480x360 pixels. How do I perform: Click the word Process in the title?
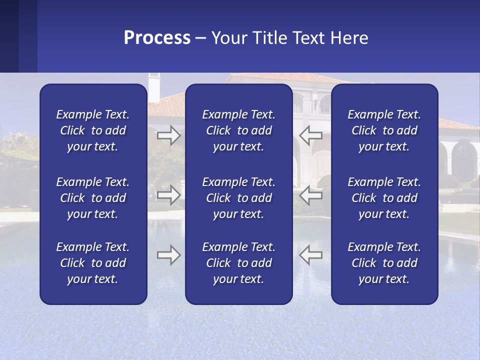point(157,37)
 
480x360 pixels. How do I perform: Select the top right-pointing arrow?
point(168,135)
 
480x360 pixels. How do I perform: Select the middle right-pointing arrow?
point(168,195)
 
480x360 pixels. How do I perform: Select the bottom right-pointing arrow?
point(168,255)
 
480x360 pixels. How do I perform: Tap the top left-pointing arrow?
point(311,134)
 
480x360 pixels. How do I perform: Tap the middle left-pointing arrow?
point(311,195)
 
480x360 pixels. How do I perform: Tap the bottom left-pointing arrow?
point(311,255)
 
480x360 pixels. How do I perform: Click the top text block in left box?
point(93,130)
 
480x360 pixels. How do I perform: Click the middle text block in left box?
point(93,198)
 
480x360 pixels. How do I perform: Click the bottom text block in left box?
point(93,263)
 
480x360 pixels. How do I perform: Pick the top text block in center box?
point(238,130)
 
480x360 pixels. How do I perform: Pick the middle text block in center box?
point(238,198)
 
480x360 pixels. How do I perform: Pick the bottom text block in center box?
point(238,263)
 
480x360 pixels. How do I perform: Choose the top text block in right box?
point(384,130)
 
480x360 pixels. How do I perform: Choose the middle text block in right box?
point(384,198)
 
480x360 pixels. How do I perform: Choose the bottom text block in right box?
point(384,263)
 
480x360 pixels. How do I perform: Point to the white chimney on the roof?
point(153,87)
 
